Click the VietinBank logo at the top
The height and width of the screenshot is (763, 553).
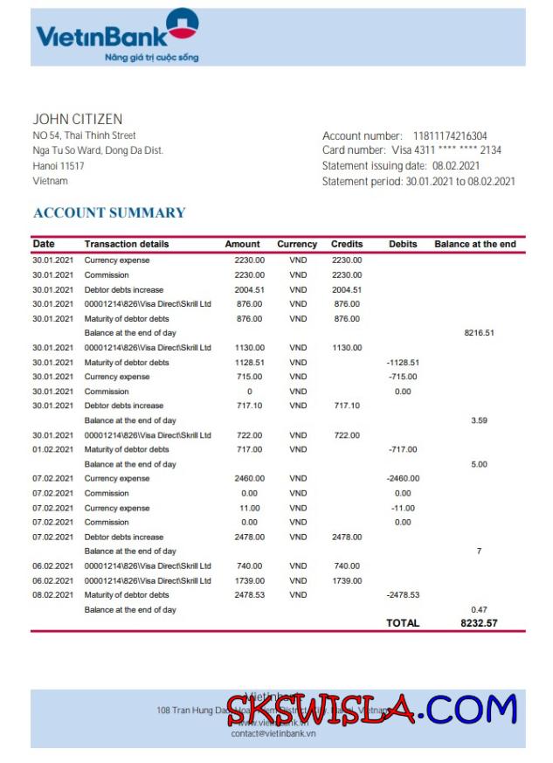click(117, 36)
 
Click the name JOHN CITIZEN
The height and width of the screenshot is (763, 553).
click(78, 119)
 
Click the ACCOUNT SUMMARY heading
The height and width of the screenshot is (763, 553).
click(109, 212)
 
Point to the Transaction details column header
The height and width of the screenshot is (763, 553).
click(127, 244)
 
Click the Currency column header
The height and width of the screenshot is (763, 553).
click(297, 244)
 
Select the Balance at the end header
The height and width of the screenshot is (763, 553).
click(475, 244)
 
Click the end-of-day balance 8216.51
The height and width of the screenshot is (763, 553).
click(479, 333)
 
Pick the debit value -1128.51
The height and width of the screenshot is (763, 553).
click(403, 362)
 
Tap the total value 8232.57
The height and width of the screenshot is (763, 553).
click(479, 623)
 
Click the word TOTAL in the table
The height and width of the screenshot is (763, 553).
click(403, 623)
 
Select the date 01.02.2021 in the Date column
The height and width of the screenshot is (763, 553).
click(53, 449)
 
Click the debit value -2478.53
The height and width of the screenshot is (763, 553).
click(403, 594)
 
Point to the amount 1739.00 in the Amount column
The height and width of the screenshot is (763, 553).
click(249, 580)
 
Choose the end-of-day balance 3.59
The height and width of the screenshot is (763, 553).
click(479, 420)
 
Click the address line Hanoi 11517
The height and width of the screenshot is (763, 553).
click(59, 165)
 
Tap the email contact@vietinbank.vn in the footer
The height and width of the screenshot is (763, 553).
click(273, 733)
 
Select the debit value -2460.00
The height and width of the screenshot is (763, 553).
click(403, 478)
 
